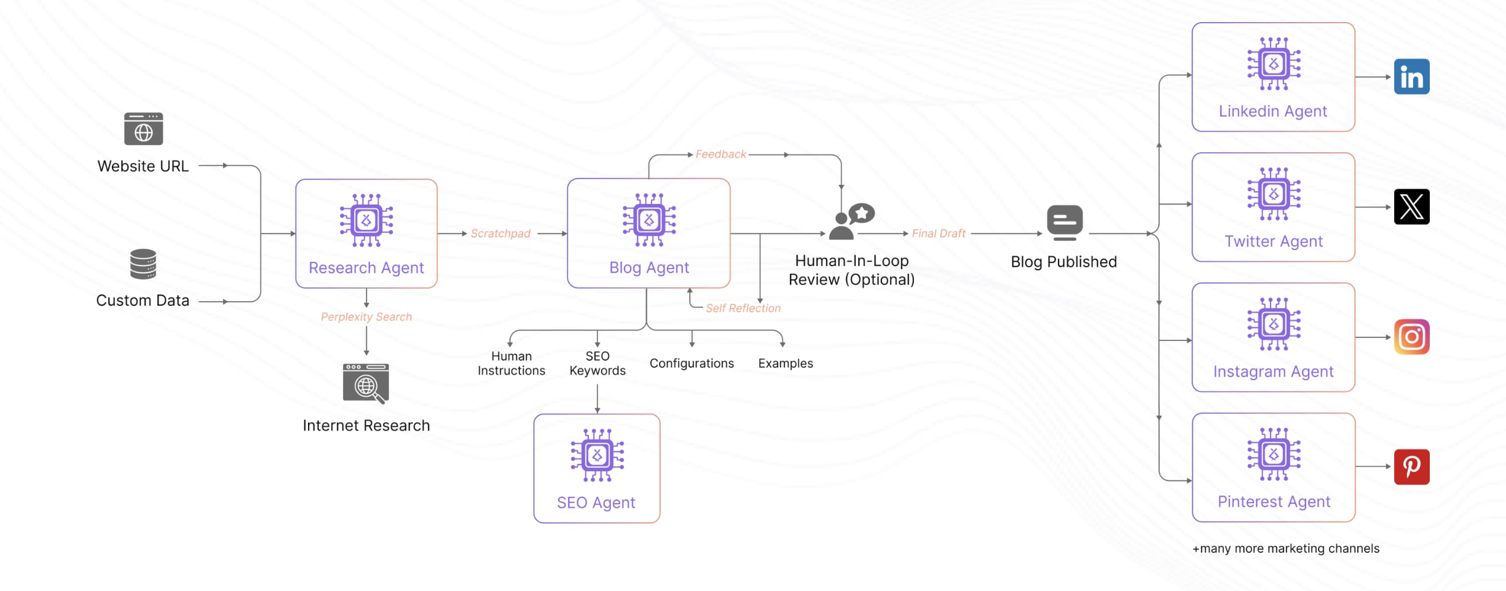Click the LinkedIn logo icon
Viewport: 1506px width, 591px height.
(1411, 77)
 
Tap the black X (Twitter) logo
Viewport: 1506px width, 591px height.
(1411, 207)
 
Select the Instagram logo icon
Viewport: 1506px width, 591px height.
(1411, 337)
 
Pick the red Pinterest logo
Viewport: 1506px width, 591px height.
(1411, 467)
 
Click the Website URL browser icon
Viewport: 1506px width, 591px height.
(143, 129)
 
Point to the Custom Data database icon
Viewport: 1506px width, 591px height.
(143, 264)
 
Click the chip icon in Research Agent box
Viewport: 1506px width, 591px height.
(366, 220)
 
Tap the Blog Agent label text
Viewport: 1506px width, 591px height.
(649, 268)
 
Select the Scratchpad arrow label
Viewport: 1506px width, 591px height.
(500, 233)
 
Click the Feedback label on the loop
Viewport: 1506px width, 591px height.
(720, 154)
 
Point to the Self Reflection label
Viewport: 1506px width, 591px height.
(743, 308)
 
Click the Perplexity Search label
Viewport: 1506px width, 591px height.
(366, 317)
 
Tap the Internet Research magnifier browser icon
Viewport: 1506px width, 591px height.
(366, 384)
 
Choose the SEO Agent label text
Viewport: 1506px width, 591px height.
(596, 503)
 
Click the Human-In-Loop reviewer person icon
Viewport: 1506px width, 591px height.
(851, 222)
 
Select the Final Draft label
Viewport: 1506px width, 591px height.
(938, 233)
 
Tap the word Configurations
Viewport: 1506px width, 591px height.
(692, 364)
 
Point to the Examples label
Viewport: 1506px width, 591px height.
(785, 364)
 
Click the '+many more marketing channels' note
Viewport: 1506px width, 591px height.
(1285, 549)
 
